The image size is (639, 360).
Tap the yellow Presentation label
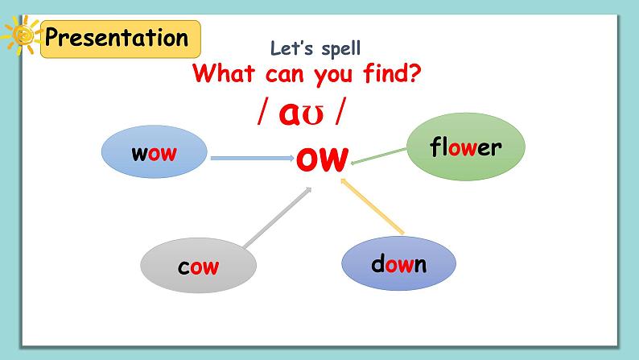pyautogui.click(x=117, y=38)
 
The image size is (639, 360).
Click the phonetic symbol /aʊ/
pyautogui.click(x=302, y=114)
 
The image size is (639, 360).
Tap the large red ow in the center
pyautogui.click(x=321, y=158)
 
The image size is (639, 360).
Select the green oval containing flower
pyautogui.click(x=465, y=147)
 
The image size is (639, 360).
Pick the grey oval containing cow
pyautogui.click(x=198, y=267)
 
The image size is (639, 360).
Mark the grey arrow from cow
pyautogui.click(x=278, y=217)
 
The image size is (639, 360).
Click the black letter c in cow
pyautogui.click(x=183, y=267)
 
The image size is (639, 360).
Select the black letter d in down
pyautogui.click(x=377, y=263)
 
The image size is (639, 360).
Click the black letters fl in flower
pyautogui.click(x=439, y=147)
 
